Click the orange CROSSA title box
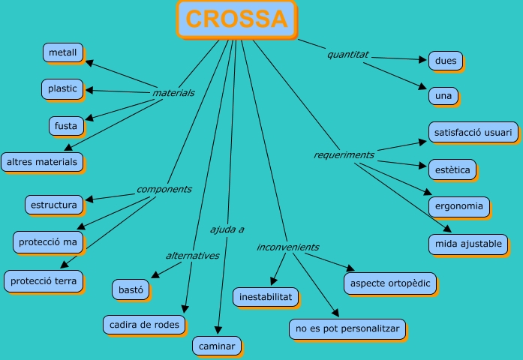pyautogui.click(x=236, y=19)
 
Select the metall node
pyautogui.click(x=62, y=52)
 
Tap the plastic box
pyautogui.click(x=62, y=88)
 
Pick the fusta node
pyautogui.click(x=66, y=125)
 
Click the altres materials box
pyautogui.click(x=41, y=161)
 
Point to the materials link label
pyautogui.click(x=173, y=93)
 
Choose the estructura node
pyautogui.click(x=53, y=204)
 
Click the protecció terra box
pyautogui.click(x=44, y=280)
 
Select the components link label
pyautogui.click(x=164, y=189)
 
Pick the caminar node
pyautogui.click(x=217, y=346)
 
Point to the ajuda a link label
pyautogui.click(x=227, y=229)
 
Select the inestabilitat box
pyautogui.click(x=266, y=297)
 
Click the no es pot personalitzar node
pyautogui.click(x=347, y=328)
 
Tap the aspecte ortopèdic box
pyautogui.click(x=389, y=283)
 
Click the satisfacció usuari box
pyautogui.click(x=473, y=132)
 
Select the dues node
pyautogui.click(x=445, y=60)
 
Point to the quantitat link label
pyautogui.click(x=347, y=54)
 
